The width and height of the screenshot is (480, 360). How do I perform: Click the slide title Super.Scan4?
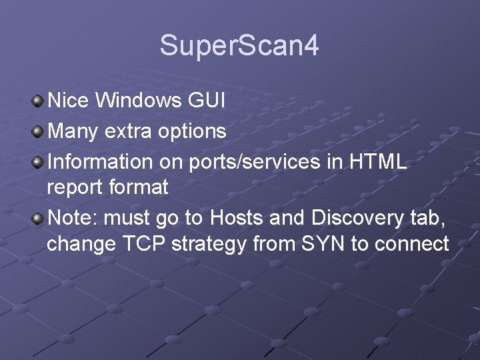coord(239,46)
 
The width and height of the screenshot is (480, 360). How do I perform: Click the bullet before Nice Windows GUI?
coord(38,101)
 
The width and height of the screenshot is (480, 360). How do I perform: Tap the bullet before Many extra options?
coord(38,131)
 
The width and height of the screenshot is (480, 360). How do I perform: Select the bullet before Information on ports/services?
coord(38,161)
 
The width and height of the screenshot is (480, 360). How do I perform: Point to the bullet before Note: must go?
coord(38,218)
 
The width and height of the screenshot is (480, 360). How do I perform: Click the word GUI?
coord(206,101)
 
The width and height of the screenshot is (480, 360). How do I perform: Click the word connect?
coord(411,245)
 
